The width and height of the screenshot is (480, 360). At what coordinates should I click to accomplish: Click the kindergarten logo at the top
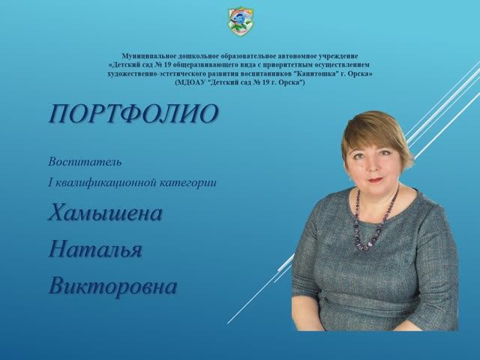click(x=240, y=21)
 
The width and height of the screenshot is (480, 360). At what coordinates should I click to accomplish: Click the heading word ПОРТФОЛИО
click(x=133, y=113)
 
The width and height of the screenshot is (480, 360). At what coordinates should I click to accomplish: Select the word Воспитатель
click(x=85, y=161)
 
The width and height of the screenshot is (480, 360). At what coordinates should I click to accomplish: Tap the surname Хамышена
click(x=105, y=213)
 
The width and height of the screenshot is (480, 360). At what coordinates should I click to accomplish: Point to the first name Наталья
click(x=94, y=249)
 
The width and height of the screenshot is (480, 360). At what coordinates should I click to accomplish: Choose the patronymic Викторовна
click(x=112, y=286)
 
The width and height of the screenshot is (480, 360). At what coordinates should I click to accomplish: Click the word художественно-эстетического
click(x=154, y=73)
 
